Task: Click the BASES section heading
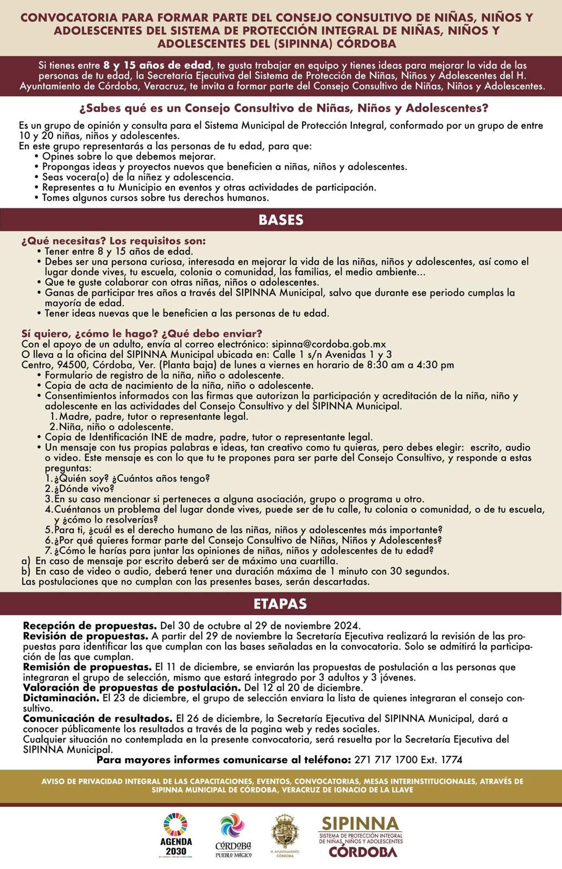pos(281,220)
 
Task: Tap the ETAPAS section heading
pos(280,604)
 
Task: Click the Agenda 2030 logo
pos(176,835)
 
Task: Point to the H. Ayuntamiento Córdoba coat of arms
pos(285,835)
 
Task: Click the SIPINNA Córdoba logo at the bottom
pos(361,836)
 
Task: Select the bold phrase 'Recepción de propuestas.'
pos(90,626)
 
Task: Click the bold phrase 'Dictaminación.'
pos(61,698)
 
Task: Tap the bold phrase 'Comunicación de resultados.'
pos(98,719)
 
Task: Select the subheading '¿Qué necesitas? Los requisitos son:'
pos(113,241)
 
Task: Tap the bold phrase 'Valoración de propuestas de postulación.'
pos(131,688)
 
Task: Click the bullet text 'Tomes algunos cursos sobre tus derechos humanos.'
pos(155,198)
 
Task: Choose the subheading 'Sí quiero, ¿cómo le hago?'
pos(89,333)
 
